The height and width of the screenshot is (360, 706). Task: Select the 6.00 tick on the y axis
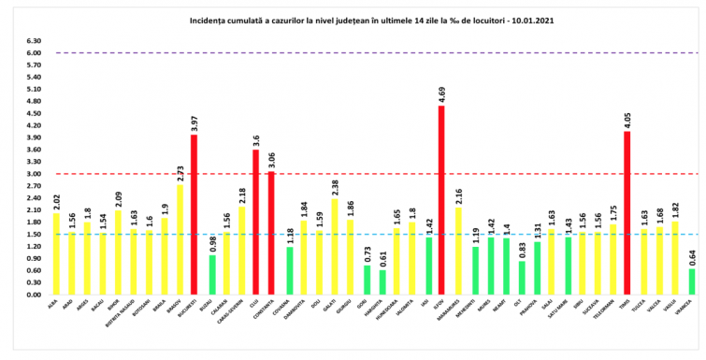(x=35, y=53)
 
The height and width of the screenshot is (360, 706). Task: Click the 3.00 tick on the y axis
(x=35, y=174)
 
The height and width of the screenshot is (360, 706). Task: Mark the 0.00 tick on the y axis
(x=35, y=295)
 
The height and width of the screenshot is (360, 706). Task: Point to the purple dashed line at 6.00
(x=374, y=53)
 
